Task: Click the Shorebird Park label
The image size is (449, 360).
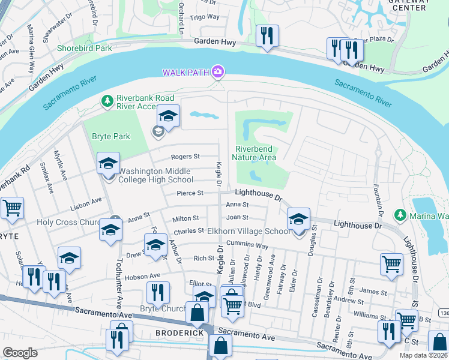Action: (84, 48)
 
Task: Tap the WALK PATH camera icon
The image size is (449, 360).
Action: (217, 73)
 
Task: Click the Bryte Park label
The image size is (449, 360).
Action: (111, 136)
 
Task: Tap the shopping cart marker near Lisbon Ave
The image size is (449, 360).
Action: (12, 208)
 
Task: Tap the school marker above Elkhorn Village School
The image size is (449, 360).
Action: (298, 219)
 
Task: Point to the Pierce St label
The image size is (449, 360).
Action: (190, 193)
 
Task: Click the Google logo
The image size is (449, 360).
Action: (20, 353)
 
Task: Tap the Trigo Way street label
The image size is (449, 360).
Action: (205, 18)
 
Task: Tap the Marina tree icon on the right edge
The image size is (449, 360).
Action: (400, 214)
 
